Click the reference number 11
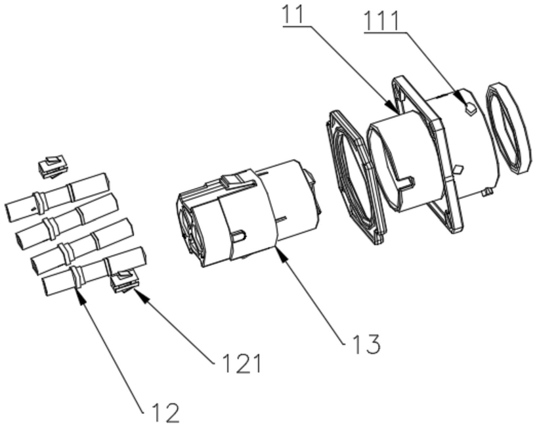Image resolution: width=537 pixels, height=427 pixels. point(293,14)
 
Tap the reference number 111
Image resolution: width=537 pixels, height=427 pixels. point(381,21)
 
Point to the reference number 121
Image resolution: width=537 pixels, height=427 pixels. point(242,363)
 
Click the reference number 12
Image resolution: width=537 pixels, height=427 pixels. point(165,413)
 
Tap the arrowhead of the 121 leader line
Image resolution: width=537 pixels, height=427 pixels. point(141,296)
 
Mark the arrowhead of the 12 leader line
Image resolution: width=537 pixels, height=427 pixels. point(80,296)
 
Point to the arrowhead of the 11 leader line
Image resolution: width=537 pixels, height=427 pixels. point(393,106)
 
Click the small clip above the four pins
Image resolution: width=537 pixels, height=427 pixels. point(53,168)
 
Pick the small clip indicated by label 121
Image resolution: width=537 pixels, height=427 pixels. point(125,282)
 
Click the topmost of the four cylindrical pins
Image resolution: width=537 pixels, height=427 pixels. point(57,197)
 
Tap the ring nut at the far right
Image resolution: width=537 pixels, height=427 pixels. point(509,127)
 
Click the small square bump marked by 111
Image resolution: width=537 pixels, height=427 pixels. point(470,109)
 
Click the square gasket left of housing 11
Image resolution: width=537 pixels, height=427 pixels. point(356,177)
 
